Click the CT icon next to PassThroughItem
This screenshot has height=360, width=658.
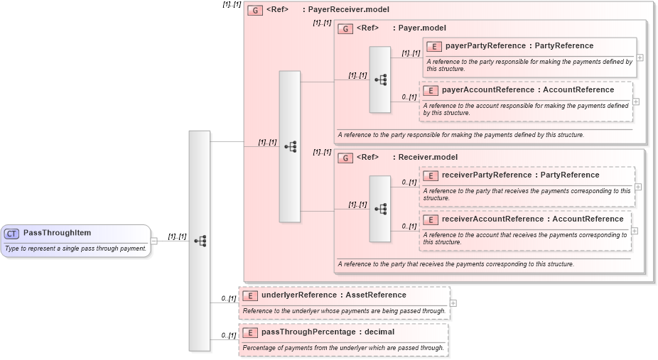[12, 234]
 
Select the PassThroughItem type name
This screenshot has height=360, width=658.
[57, 233]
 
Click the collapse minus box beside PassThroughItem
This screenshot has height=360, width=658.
[154, 241]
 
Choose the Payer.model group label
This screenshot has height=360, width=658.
[419, 28]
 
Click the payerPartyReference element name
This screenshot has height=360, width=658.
[519, 46]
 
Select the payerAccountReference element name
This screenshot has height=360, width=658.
[527, 90]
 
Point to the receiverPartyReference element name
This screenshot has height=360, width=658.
[520, 175]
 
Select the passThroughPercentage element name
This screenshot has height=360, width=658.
[328, 332]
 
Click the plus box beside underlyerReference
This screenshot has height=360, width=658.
[453, 303]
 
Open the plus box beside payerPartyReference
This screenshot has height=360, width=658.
[640, 58]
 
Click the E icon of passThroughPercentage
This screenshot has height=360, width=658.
[249, 332]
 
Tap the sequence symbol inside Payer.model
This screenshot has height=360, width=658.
[380, 80]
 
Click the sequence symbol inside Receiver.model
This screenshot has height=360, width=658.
[380, 209]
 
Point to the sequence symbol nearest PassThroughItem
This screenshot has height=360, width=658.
[200, 241]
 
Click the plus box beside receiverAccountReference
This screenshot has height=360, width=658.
[635, 231]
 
